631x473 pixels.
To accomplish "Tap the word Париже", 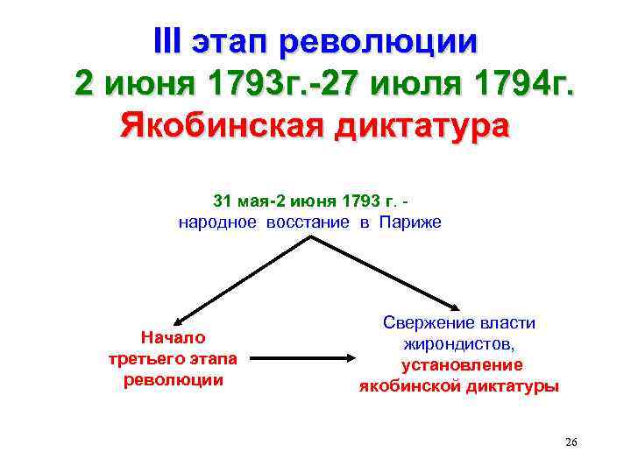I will coord(410,222).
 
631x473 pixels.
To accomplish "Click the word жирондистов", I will coord(459,344).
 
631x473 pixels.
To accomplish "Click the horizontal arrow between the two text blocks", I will coord(308,357).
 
